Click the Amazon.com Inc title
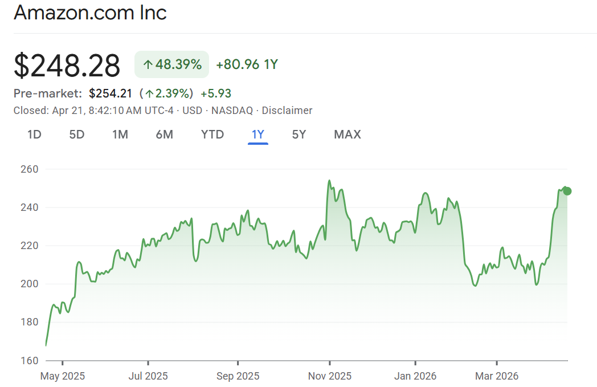[90, 13]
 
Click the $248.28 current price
[67, 65]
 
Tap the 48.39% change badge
[171, 64]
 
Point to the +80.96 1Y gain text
[247, 64]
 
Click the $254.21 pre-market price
[111, 93]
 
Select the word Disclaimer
[287, 111]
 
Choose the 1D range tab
[34, 135]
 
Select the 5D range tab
[77, 135]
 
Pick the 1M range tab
[120, 135]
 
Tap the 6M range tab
[164, 135]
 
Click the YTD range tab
[212, 135]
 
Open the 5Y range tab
[299, 135]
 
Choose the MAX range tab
[347, 135]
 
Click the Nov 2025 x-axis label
[330, 376]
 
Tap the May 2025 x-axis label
[63, 376]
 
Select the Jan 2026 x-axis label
[415, 376]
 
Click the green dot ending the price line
[567, 191]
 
